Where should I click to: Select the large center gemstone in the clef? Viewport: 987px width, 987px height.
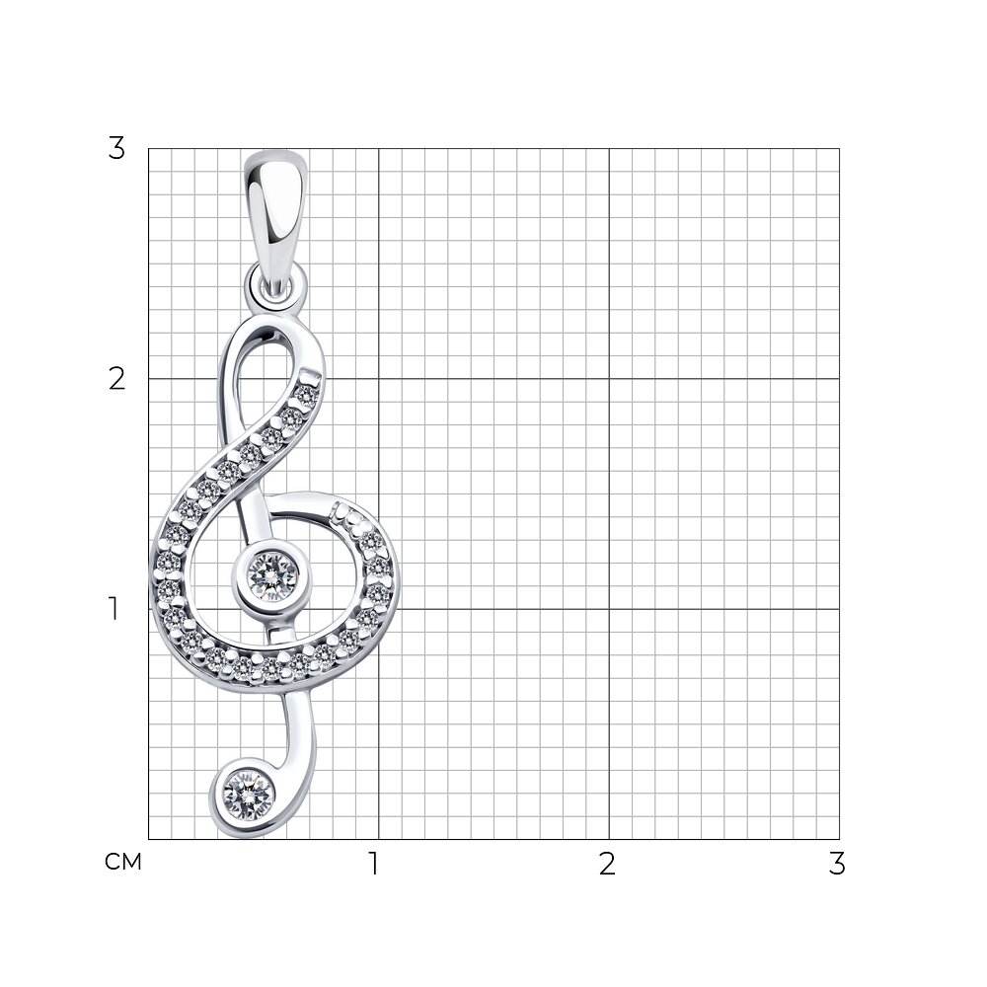click(x=271, y=574)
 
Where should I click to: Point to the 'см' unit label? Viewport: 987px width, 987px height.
click(x=123, y=862)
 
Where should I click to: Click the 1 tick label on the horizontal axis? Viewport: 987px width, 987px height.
click(x=374, y=864)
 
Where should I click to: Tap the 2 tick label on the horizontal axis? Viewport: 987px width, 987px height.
click(x=607, y=864)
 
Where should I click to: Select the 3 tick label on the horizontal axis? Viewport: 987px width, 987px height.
click(x=837, y=864)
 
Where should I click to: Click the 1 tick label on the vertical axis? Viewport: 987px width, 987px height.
click(x=114, y=609)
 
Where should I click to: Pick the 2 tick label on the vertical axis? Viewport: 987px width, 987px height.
click(x=117, y=379)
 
